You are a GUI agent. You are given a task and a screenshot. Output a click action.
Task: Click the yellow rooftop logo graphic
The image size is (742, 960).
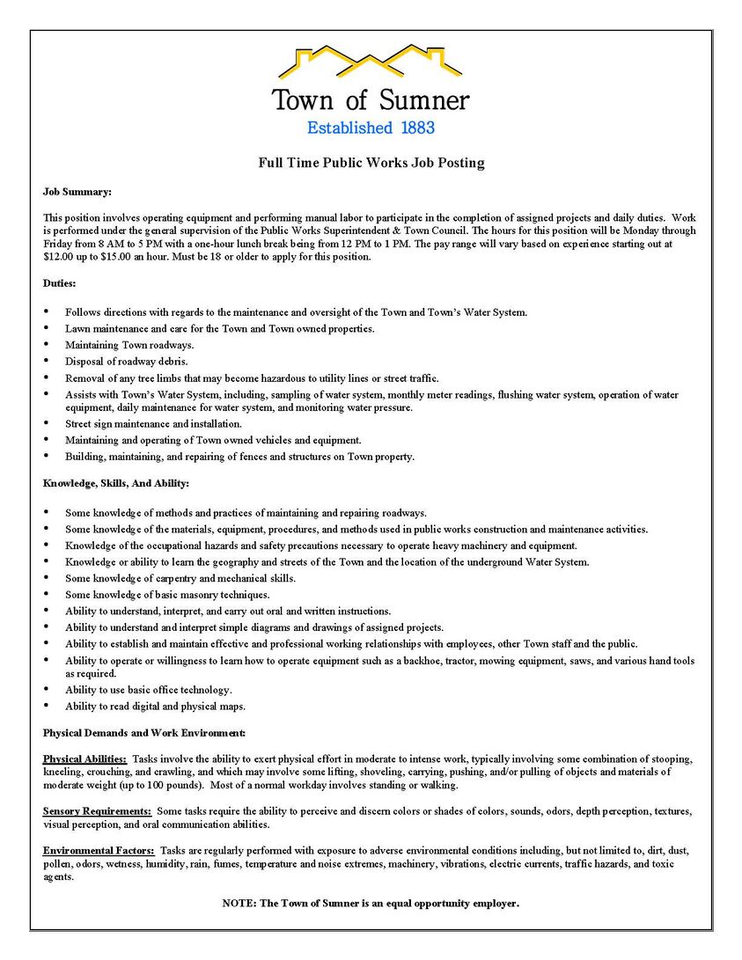click(x=370, y=62)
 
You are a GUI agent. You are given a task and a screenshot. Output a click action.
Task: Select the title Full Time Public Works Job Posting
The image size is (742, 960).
click(x=371, y=163)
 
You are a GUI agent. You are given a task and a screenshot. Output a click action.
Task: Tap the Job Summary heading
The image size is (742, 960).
click(x=77, y=192)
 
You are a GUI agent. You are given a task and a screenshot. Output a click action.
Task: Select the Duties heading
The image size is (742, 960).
click(x=60, y=283)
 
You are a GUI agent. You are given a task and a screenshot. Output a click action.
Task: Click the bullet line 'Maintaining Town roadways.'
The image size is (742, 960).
click(x=129, y=344)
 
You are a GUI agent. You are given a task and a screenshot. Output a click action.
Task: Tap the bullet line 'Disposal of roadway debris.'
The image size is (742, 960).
click(x=126, y=361)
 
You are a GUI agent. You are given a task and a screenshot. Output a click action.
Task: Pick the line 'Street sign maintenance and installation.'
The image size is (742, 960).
click(x=153, y=424)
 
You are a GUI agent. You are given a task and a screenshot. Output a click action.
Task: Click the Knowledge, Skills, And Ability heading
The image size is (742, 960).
click(x=116, y=483)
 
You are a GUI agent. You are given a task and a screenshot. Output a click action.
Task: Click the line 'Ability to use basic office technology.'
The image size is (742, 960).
click(x=148, y=690)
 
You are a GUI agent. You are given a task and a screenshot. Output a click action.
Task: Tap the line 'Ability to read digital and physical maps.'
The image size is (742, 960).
click(x=155, y=706)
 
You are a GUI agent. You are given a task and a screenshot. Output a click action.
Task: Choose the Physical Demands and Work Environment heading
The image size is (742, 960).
click(x=144, y=732)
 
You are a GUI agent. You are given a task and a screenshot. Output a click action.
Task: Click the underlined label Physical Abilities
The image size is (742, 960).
click(x=84, y=758)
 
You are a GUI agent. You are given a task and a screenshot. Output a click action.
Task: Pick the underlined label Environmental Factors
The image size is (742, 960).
click(x=99, y=851)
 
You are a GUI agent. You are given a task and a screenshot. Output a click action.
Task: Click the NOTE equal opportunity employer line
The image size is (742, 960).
click(x=371, y=903)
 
